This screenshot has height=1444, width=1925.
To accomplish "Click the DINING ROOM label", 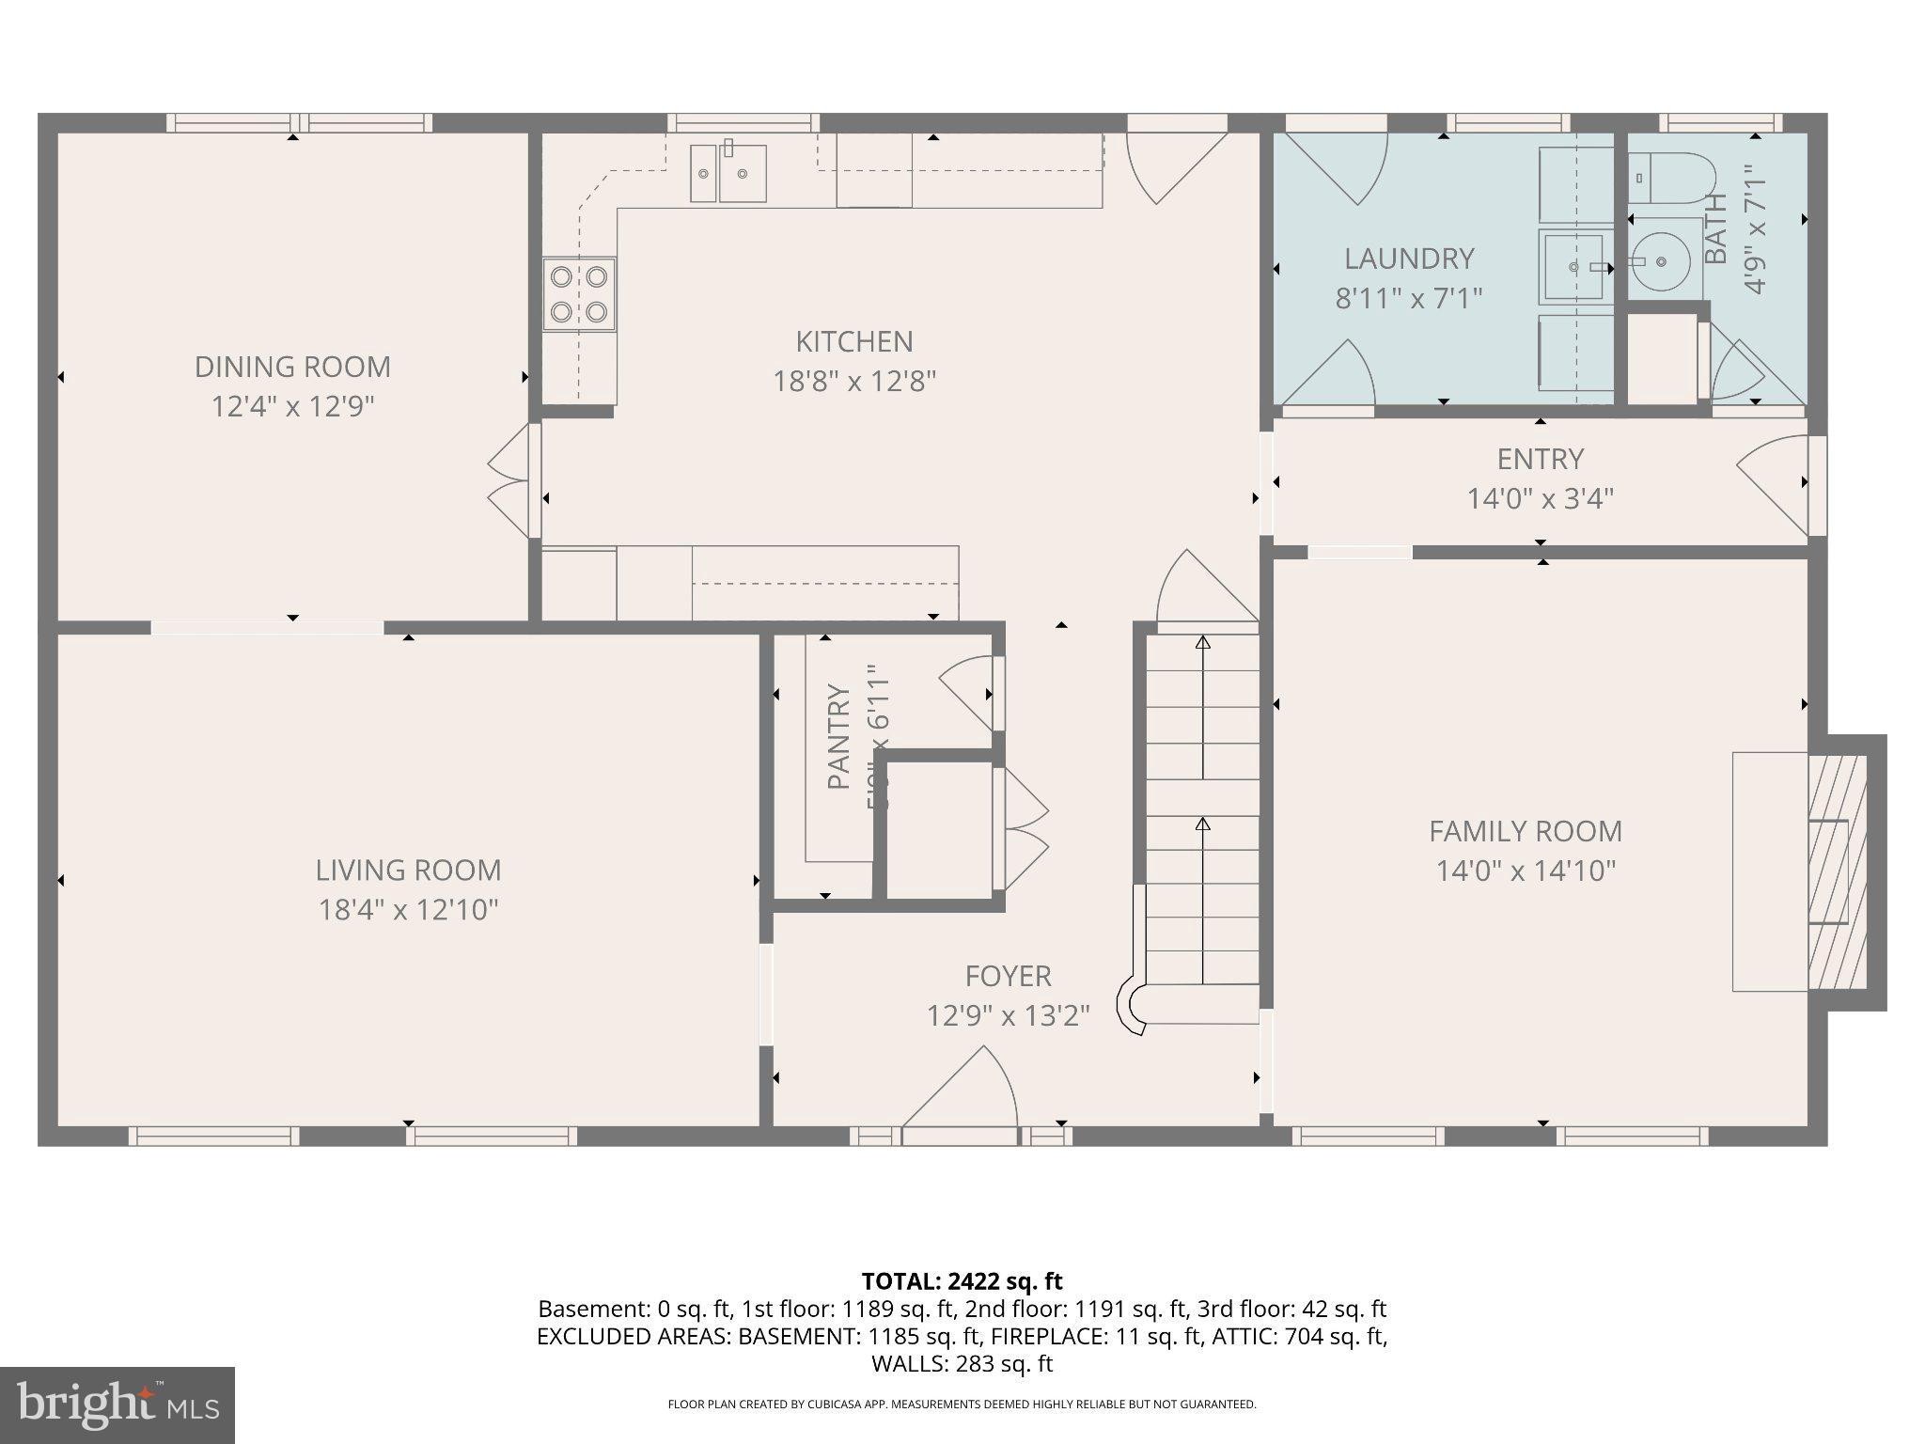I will (292, 367).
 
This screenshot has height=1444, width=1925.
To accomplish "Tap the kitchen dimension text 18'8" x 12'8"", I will (854, 382).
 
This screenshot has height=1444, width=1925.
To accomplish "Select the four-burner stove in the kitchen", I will (579, 294).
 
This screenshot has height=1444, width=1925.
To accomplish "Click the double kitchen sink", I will (728, 174).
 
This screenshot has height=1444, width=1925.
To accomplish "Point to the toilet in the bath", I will (1670, 178).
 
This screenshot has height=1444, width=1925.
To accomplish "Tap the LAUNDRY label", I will (1408, 259).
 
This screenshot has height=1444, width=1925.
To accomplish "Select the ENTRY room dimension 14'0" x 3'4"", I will (1540, 498).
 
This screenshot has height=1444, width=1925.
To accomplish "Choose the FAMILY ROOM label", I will (1525, 831).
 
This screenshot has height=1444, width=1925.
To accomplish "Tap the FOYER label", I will (1008, 976).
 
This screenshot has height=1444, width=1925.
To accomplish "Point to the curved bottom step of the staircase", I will (1132, 1007).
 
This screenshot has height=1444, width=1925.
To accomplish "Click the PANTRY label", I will (838, 737).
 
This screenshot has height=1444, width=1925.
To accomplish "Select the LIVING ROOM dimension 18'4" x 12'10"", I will (408, 910).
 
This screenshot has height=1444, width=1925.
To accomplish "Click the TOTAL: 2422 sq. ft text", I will (962, 1281).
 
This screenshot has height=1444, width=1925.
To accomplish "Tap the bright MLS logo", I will (117, 1405).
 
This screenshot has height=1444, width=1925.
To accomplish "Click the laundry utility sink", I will (1575, 267).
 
